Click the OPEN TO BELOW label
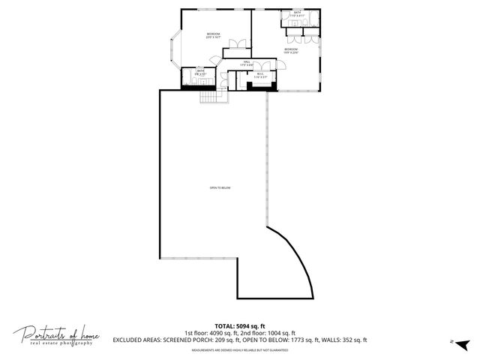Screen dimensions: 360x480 [219, 187]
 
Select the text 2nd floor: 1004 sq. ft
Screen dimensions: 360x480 [270, 333]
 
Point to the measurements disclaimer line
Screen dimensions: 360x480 [240, 349]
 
